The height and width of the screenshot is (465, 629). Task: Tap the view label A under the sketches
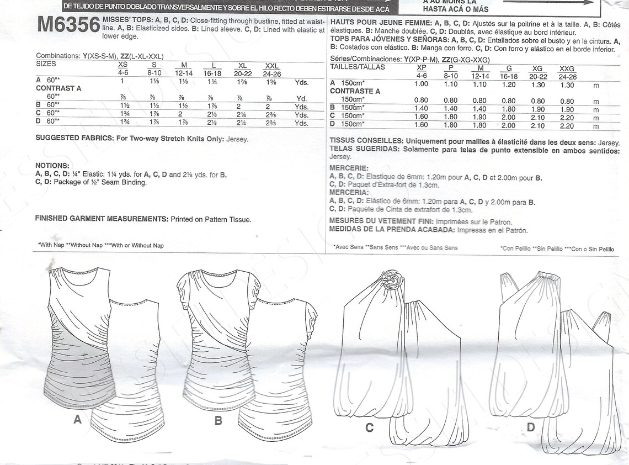point(77,420)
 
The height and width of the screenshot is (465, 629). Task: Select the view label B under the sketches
point(218,421)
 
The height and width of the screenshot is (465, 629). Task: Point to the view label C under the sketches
point(369,427)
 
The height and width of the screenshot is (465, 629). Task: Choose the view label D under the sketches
point(531,427)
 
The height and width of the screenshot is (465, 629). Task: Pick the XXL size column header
point(272,65)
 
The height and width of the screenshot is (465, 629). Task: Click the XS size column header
point(122,65)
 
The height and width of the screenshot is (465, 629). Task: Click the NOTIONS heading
point(52,165)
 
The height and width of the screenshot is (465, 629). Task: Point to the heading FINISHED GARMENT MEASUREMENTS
point(101,219)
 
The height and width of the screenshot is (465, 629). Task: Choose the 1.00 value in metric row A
point(421,84)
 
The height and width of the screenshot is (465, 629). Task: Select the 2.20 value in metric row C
point(567,118)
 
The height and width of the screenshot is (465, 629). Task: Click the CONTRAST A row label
point(58,88)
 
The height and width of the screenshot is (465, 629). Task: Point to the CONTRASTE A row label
point(355,92)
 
